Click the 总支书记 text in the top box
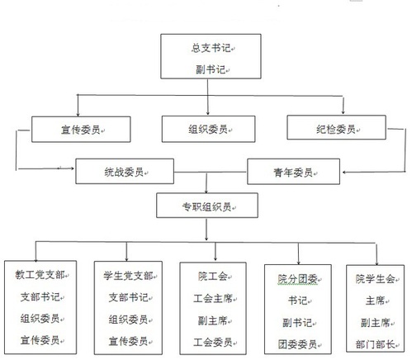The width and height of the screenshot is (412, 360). tap(211, 48)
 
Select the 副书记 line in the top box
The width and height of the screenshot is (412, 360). tap(211, 69)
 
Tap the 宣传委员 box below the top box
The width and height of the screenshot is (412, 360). tap(81, 130)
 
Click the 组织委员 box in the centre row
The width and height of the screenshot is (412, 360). tap(208, 129)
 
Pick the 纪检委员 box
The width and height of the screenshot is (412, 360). tap(336, 127)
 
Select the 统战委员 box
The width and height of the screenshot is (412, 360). tap(125, 171)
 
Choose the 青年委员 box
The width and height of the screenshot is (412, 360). tap(293, 172)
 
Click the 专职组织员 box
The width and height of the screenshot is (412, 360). tap(207, 206)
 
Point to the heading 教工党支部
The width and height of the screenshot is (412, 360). tap(40, 275)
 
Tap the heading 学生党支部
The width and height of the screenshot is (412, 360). tap(129, 276)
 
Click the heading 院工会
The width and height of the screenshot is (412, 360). tap(213, 276)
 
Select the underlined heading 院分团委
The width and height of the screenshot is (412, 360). tap(297, 279)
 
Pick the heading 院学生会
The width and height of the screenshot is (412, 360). tap(375, 279)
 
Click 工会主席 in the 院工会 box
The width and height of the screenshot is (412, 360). tap(213, 298)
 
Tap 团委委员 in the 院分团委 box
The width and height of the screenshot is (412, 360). tap(297, 344)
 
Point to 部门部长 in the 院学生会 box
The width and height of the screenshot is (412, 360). tap(375, 344)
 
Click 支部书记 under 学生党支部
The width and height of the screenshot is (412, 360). tap(129, 297)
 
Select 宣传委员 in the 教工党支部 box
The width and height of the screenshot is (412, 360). tap(40, 340)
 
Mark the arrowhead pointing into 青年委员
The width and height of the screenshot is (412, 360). tap(344, 173)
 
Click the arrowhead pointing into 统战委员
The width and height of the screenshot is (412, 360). tap(73, 168)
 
